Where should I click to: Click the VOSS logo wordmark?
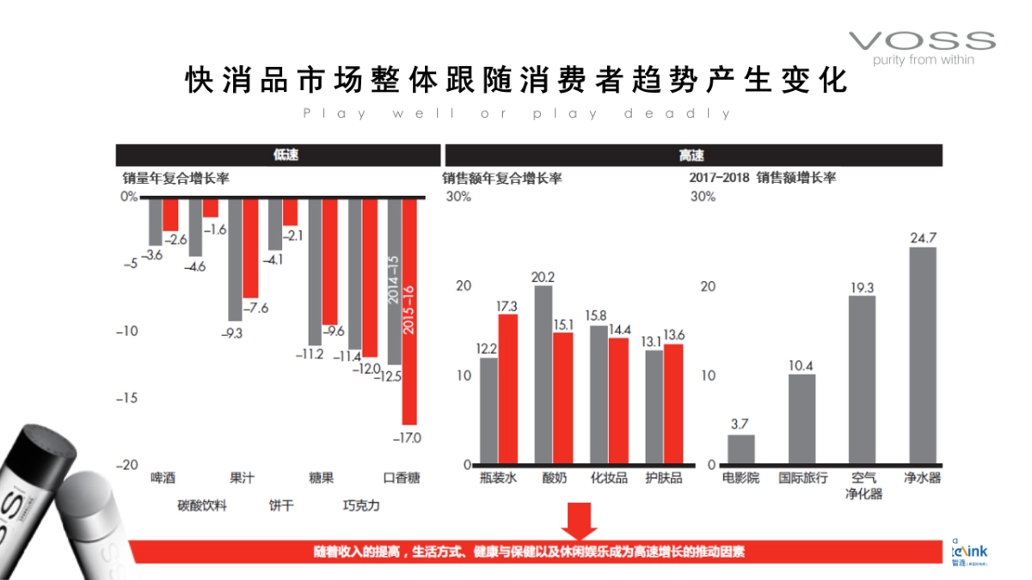pyautogui.click(x=921, y=40)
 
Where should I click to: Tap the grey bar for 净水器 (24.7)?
pyautogui.click(x=923, y=356)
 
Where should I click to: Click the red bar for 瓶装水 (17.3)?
pyautogui.click(x=508, y=389)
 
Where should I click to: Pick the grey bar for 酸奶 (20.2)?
pyautogui.click(x=544, y=375)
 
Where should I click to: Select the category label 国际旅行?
pyautogui.click(x=802, y=478)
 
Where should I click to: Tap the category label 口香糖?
pyautogui.click(x=402, y=478)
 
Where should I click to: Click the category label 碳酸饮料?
pyautogui.click(x=202, y=505)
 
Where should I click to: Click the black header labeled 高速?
pyautogui.click(x=692, y=156)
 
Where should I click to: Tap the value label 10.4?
pyautogui.click(x=802, y=365)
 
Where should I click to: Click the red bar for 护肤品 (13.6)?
pyautogui.click(x=673, y=404)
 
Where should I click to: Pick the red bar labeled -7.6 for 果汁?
pyautogui.click(x=250, y=248)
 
